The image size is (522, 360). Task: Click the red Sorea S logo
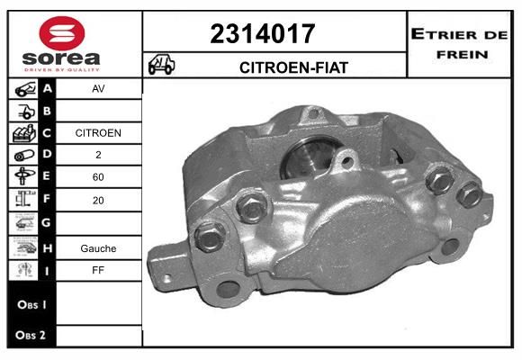(62, 33)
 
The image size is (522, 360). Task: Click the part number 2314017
(263, 33)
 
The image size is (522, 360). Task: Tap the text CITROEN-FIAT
(293, 67)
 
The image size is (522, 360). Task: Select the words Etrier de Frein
(460, 44)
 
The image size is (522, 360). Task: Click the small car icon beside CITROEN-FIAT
(161, 64)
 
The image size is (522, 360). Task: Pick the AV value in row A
(98, 88)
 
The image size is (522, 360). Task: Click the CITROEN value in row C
(98, 133)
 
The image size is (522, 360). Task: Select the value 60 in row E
(98, 176)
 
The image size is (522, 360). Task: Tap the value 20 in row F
(98, 200)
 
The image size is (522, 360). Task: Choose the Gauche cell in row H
(98, 248)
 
